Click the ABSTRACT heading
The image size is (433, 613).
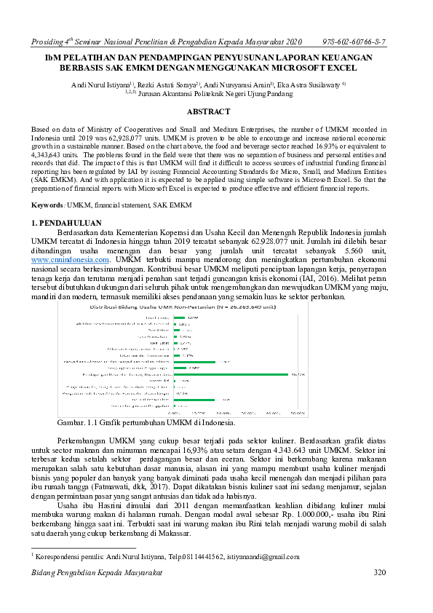pyautogui.click(x=209, y=111)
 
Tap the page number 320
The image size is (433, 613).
pyautogui.click(x=378, y=573)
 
